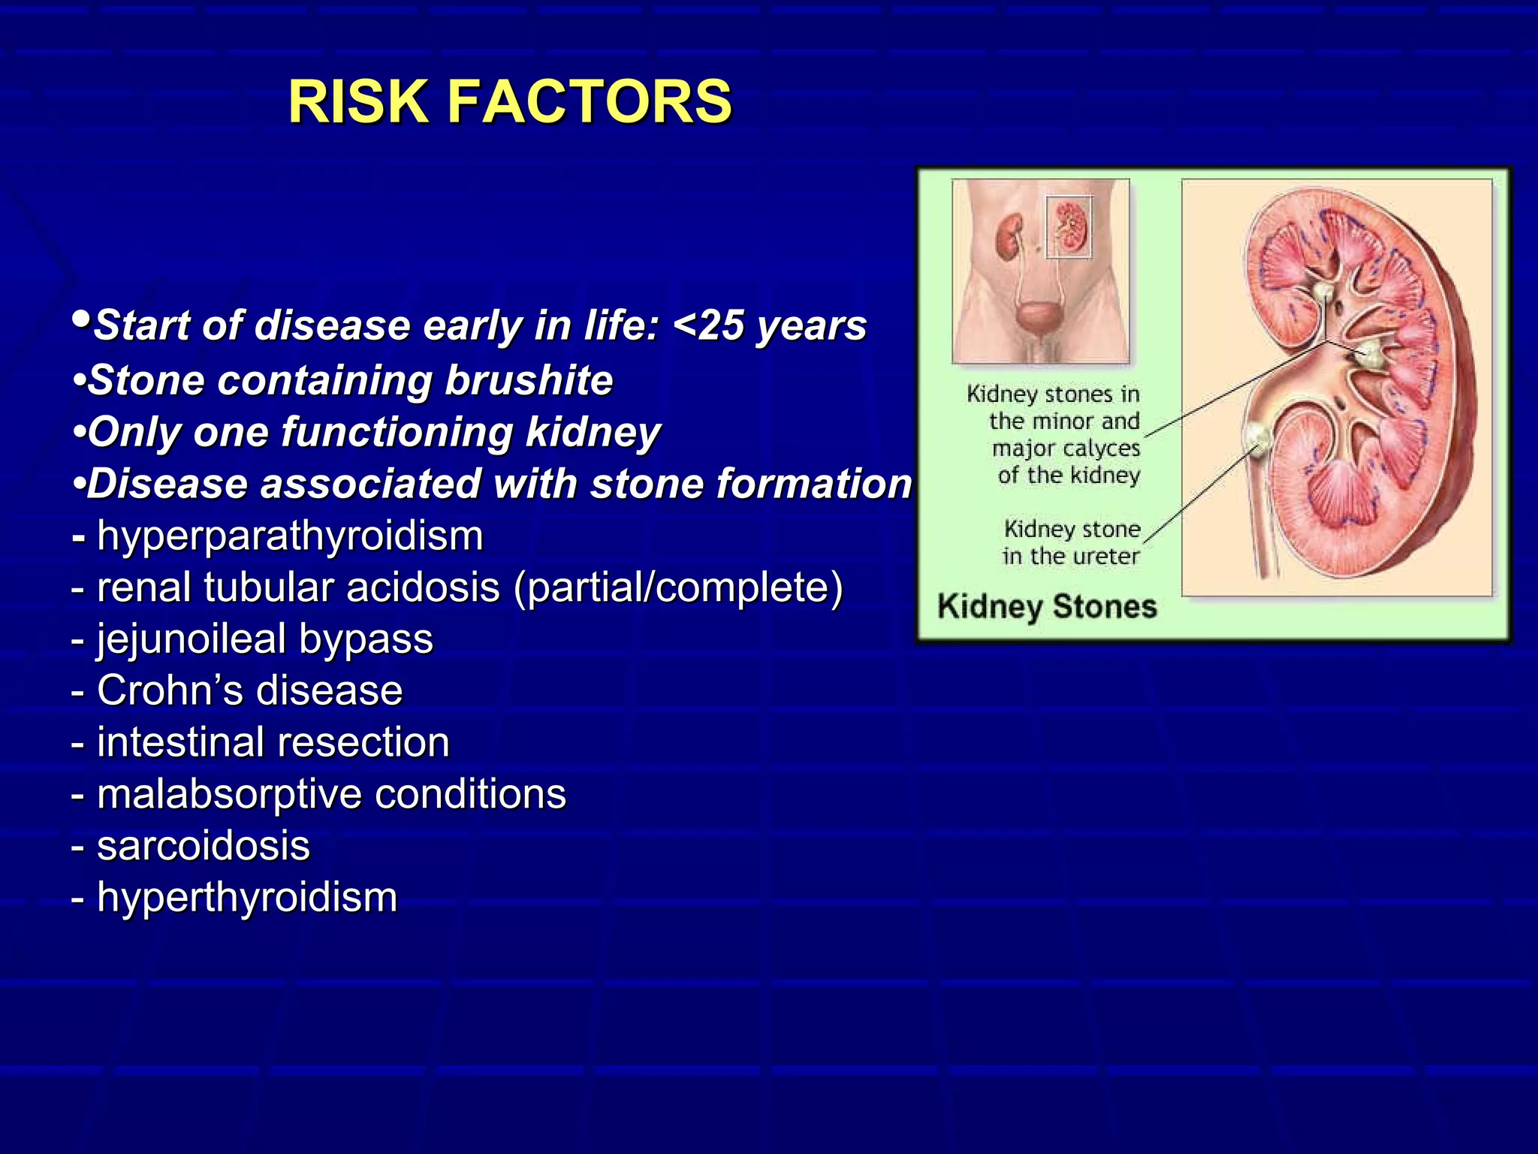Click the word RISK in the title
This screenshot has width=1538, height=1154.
pyautogui.click(x=357, y=102)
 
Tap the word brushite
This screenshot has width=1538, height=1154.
pyautogui.click(x=529, y=380)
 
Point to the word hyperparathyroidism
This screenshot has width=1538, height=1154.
pyautogui.click(x=290, y=536)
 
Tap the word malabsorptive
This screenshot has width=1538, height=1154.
pyautogui.click(x=229, y=794)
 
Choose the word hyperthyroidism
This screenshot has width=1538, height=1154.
pyautogui.click(x=247, y=897)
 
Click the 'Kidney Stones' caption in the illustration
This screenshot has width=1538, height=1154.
pyautogui.click(x=1047, y=606)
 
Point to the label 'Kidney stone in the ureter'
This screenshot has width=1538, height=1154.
pyautogui.click(x=1071, y=542)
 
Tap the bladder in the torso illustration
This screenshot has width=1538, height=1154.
pyautogui.click(x=1039, y=316)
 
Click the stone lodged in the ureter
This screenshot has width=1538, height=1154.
pyautogui.click(x=1256, y=436)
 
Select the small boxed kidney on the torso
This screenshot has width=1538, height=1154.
pyautogui.click(x=1069, y=228)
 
